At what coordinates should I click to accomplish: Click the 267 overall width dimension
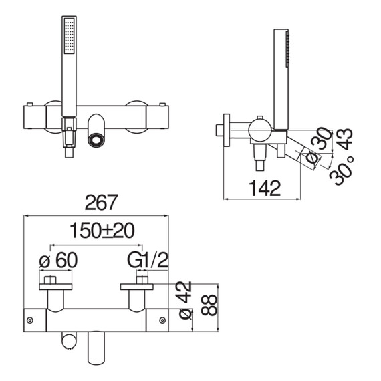tap(102, 202)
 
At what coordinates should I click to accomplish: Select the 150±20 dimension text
tap(102, 231)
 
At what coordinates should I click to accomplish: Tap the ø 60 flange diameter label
tap(58, 260)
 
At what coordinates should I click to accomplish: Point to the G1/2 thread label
tap(148, 260)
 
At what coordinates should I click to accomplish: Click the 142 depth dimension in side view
tap(265, 188)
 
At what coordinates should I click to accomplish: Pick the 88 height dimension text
tap(209, 305)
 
